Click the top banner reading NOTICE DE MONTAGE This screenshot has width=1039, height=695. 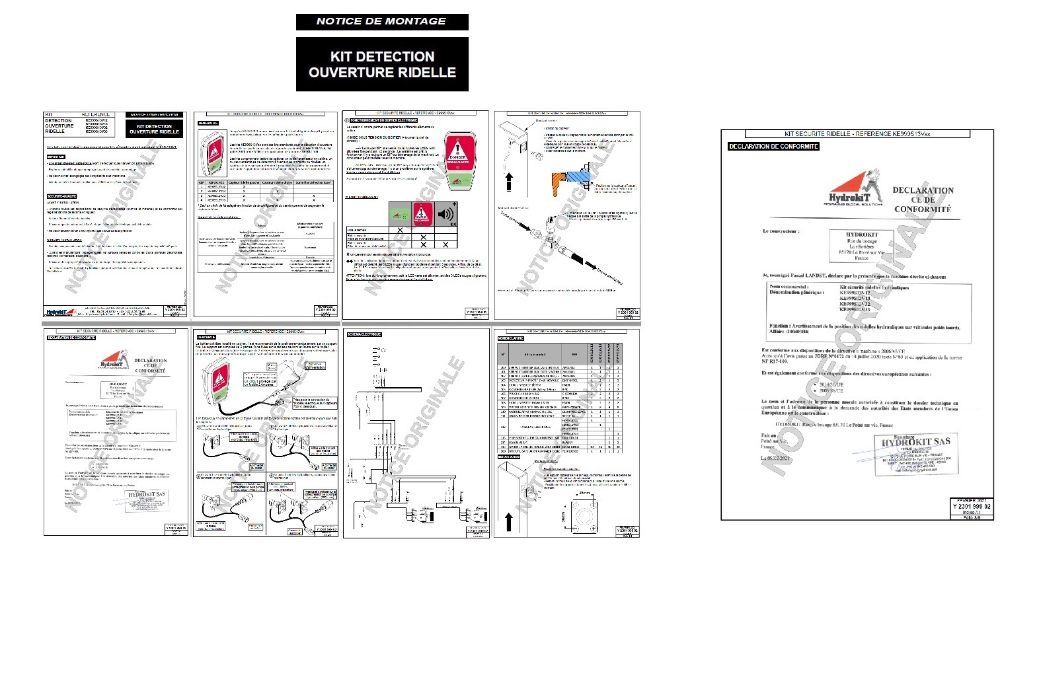[381, 21]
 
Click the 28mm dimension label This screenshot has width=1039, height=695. [585, 493]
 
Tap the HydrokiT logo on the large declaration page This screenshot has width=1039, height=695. [857, 189]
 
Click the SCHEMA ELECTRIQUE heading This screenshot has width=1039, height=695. [364, 334]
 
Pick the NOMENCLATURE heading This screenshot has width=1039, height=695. [511, 338]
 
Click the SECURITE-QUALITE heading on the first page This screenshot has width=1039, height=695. [62, 196]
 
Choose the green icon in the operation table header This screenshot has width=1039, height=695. [399, 214]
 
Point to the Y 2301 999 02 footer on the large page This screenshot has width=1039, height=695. [971, 506]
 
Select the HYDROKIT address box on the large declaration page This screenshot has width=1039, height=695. [861, 246]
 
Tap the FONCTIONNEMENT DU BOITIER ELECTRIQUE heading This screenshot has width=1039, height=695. [382, 120]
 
